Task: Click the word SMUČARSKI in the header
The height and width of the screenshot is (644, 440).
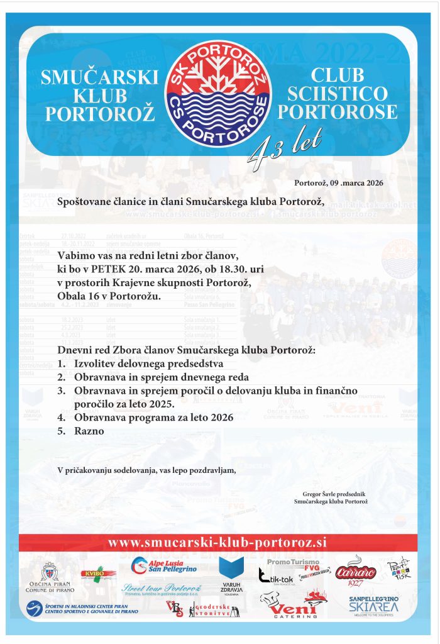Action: pos(99,77)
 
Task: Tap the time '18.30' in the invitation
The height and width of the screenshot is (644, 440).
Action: pos(228,269)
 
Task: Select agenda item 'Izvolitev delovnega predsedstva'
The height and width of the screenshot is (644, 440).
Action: pos(148,364)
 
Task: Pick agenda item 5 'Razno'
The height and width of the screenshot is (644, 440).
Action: pos(89,431)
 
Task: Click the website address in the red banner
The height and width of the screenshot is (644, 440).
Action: pos(217,542)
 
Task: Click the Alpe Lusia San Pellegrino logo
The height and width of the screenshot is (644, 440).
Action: pos(165,566)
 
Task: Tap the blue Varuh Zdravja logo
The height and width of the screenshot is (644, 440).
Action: pos(231,572)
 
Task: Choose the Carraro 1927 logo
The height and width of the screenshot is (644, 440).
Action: pos(356,571)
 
